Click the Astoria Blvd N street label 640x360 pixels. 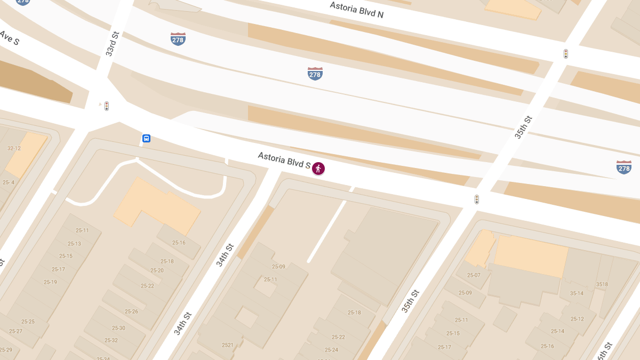pyautogui.click(x=356, y=10)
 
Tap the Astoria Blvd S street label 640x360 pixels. pyautogui.click(x=284, y=160)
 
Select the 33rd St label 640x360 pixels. pyautogui.click(x=112, y=44)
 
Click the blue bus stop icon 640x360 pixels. pyautogui.click(x=146, y=139)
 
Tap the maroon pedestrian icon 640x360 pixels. pyautogui.click(x=318, y=169)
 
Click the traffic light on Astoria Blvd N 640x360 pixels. pyautogui.click(x=566, y=54)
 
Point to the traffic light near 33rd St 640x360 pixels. pyautogui.click(x=107, y=106)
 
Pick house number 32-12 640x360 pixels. pyautogui.click(x=14, y=148)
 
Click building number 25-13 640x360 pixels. pyautogui.click(x=74, y=244)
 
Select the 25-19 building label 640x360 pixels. pyautogui.click(x=50, y=282)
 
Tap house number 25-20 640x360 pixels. pyautogui.click(x=157, y=270)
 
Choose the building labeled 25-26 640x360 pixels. pyautogui.click(x=131, y=311)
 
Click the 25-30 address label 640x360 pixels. pyautogui.click(x=118, y=328)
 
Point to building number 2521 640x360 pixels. pyautogui.click(x=228, y=345)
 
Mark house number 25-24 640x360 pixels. pyautogui.click(x=331, y=350)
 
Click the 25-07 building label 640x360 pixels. pyautogui.click(x=474, y=275)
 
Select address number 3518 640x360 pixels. pyautogui.click(x=602, y=284)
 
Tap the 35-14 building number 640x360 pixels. pyautogui.click(x=577, y=293)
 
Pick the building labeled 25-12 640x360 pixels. pyautogui.click(x=577, y=319)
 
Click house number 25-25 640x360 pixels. pyautogui.click(x=28, y=322)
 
